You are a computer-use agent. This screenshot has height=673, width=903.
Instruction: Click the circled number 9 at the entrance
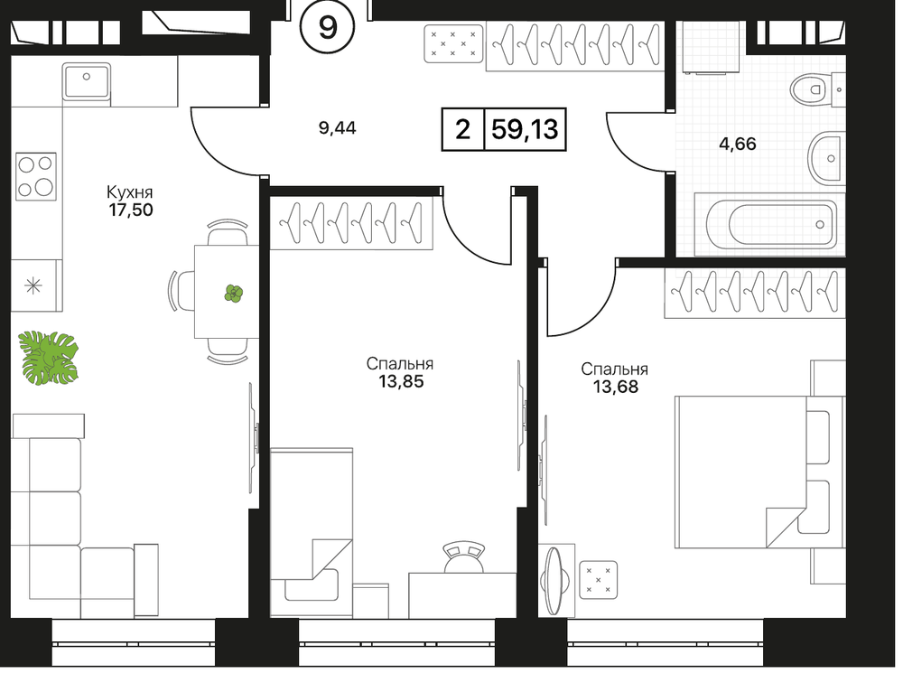(x=328, y=27)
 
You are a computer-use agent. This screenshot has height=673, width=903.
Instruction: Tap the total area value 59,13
(x=525, y=130)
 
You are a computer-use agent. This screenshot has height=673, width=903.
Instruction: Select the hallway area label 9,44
(x=338, y=127)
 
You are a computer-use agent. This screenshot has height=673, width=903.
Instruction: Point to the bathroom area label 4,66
(x=738, y=144)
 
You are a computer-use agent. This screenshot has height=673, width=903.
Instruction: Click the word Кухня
(x=129, y=192)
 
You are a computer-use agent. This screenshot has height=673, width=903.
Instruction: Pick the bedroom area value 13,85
(x=402, y=381)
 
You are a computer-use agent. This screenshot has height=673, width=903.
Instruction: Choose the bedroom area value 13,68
(x=616, y=386)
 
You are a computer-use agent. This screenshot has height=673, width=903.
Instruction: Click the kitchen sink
(x=87, y=82)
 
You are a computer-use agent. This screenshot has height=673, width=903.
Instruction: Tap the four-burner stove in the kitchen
(x=36, y=176)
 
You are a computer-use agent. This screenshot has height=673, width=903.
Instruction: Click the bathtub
(x=770, y=224)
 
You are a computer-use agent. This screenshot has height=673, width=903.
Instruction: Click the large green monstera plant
(x=49, y=357)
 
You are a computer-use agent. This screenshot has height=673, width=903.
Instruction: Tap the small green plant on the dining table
(x=233, y=294)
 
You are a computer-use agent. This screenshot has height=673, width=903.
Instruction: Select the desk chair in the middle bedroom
(x=464, y=557)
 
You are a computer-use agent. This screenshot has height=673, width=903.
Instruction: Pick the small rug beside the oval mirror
(x=599, y=580)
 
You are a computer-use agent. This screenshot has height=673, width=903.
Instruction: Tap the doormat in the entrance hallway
(x=453, y=43)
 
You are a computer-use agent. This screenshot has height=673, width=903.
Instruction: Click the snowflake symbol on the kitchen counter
(x=34, y=285)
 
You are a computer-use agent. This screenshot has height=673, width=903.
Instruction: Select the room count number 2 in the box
(x=462, y=130)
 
